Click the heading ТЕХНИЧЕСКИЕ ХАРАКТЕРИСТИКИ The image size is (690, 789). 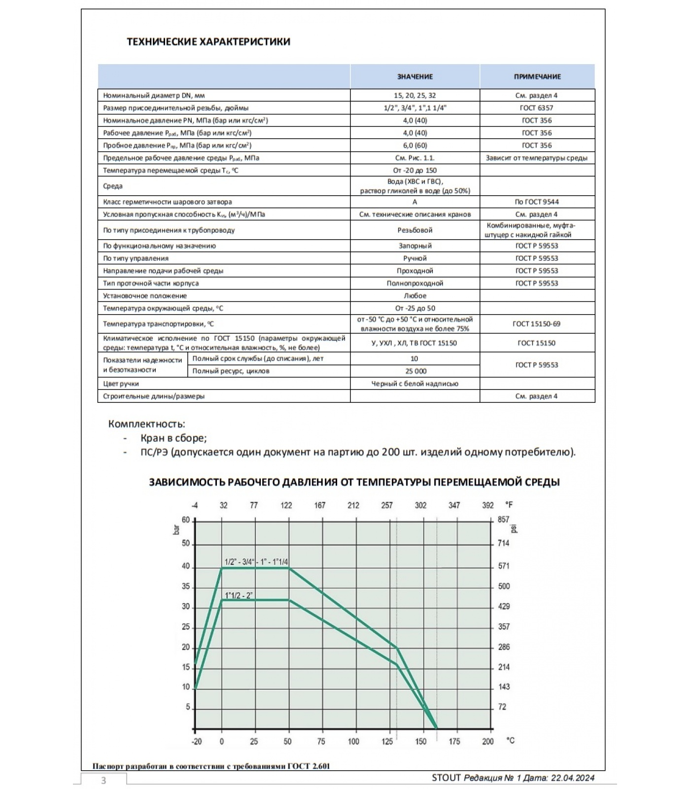pyautogui.click(x=208, y=41)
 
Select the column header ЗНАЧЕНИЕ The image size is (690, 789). pyautogui.click(x=415, y=77)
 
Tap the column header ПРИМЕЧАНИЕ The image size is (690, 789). pyautogui.click(x=537, y=77)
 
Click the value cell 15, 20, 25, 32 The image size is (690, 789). pyautogui.click(x=415, y=96)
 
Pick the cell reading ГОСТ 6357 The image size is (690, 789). pyautogui.click(x=537, y=108)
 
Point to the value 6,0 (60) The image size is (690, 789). pyautogui.click(x=415, y=145)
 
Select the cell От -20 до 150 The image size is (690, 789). pyautogui.click(x=415, y=171)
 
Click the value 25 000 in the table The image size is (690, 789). pyautogui.click(x=415, y=371)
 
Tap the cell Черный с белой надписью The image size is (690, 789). pyautogui.click(x=415, y=384)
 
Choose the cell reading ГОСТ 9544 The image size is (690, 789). pyautogui.click(x=537, y=202)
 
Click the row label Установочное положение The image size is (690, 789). pyautogui.click(x=145, y=296)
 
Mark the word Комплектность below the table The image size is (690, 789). pyautogui.click(x=146, y=424)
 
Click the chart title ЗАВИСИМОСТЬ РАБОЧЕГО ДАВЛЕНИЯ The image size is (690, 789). pyautogui.click(x=354, y=482)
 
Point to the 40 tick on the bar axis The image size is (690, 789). pyautogui.click(x=186, y=567)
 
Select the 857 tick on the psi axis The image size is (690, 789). pyautogui.click(x=503, y=520)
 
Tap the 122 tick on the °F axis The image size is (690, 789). pyautogui.click(x=286, y=505)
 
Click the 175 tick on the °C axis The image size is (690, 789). pyautogui.click(x=454, y=742)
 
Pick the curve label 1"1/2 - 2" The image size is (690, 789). pyautogui.click(x=239, y=596)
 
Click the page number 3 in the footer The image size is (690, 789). pyautogui.click(x=103, y=780)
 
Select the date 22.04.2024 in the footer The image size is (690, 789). pyautogui.click(x=573, y=778)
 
